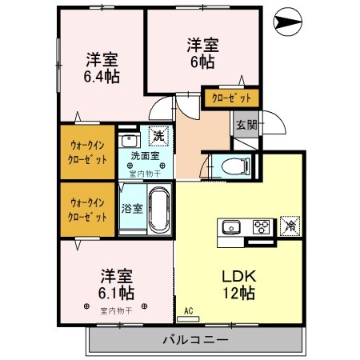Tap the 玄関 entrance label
(x=246, y=125)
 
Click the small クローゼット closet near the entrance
(x=231, y=98)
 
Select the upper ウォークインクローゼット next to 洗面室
(x=88, y=152)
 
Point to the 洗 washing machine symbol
(x=158, y=137)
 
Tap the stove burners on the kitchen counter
(x=262, y=226)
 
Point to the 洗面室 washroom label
(x=145, y=156)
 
